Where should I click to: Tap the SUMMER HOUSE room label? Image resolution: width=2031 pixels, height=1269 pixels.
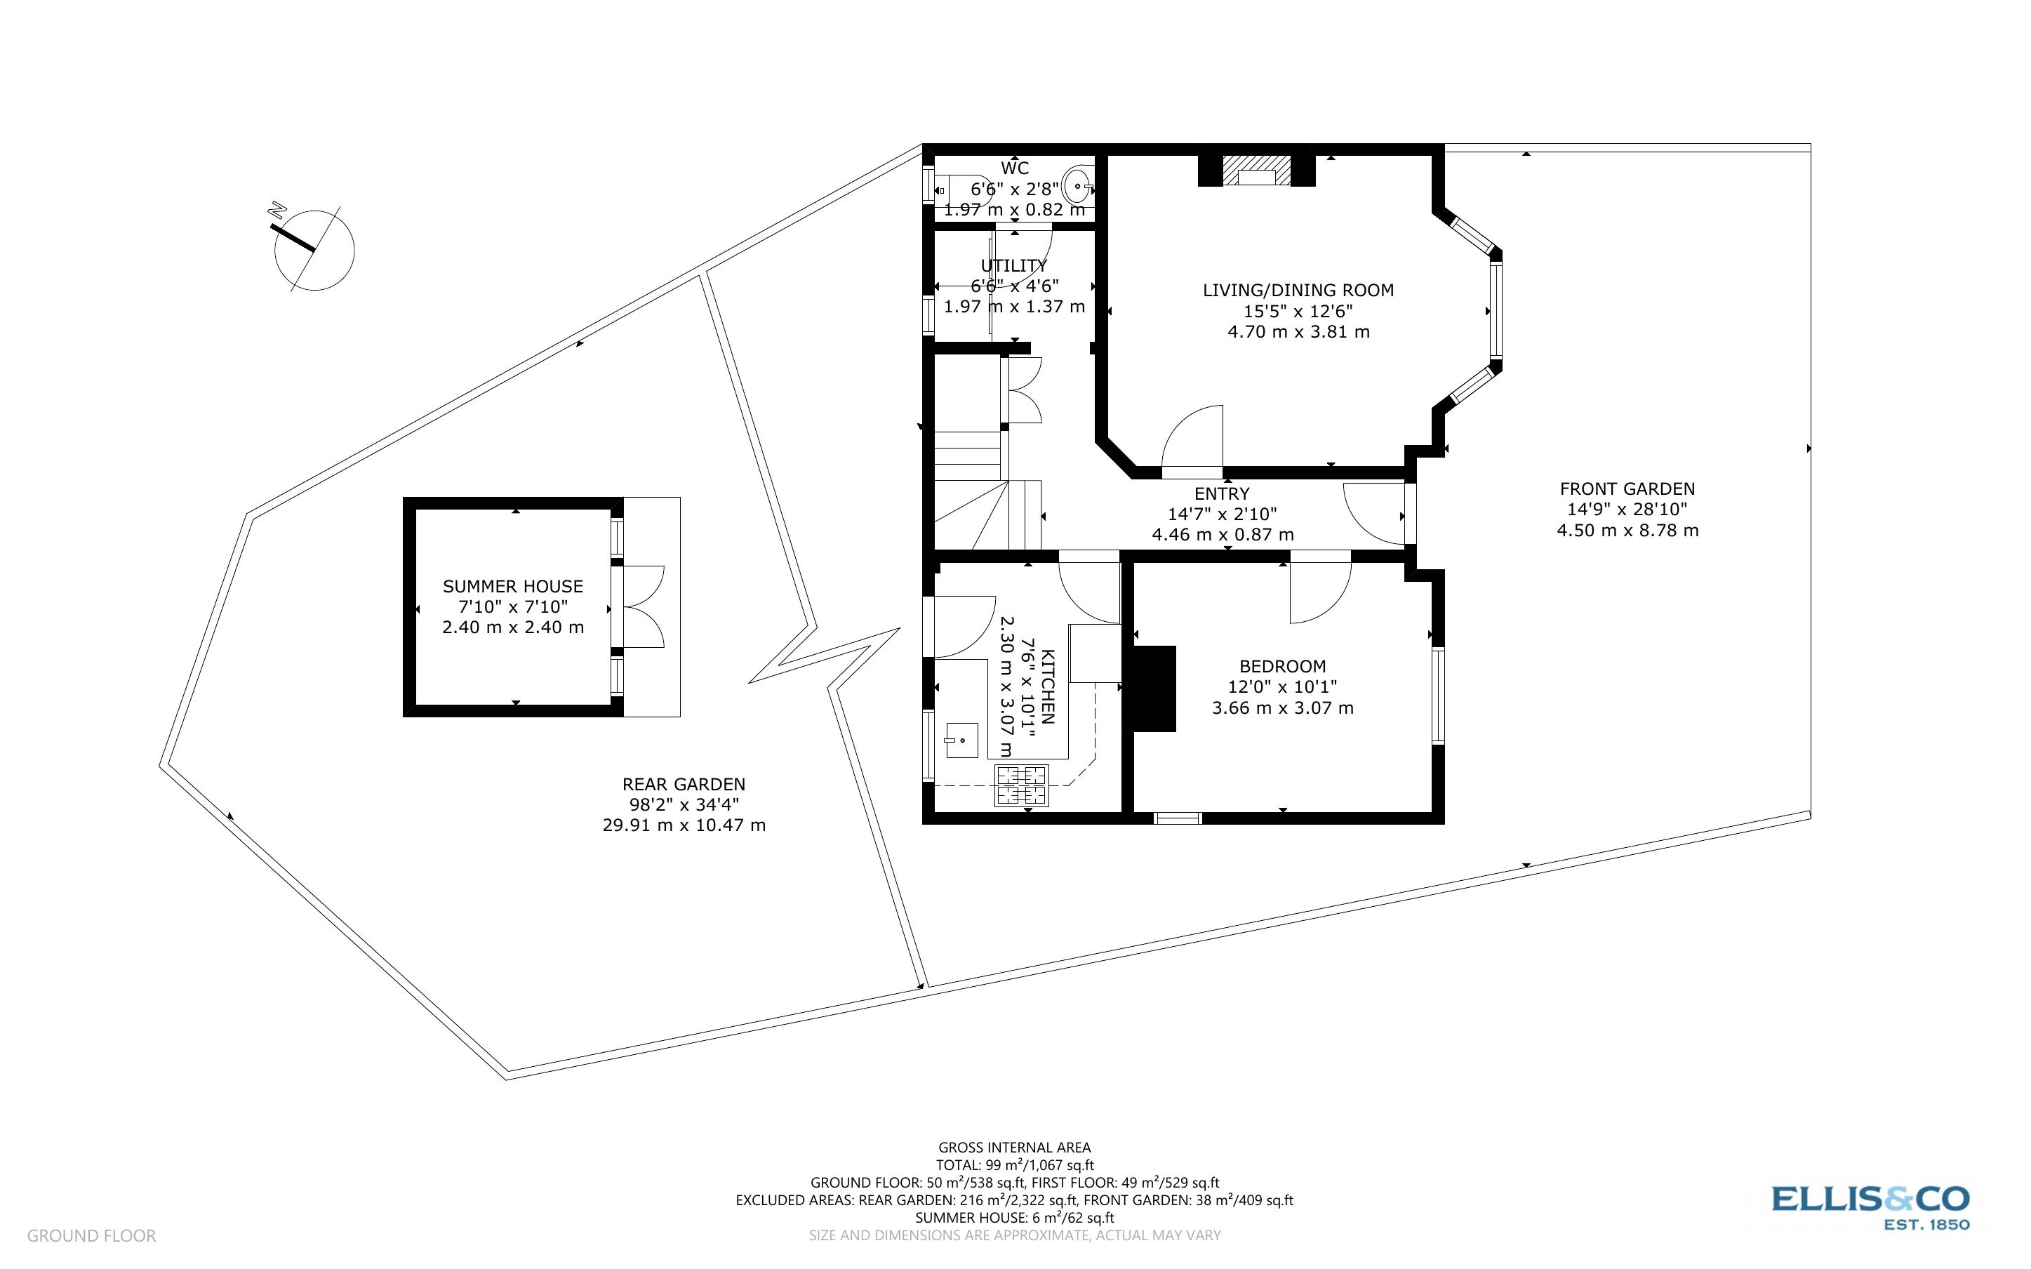512,587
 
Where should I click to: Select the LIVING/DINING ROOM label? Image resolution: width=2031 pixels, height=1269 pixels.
1298,291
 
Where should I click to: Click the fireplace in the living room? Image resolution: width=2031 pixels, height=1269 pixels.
1256,171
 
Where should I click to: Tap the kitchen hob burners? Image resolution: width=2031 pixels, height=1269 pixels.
1021,785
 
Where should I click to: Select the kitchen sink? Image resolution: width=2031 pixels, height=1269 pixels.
961,740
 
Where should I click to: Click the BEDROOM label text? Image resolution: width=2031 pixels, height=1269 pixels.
1282,666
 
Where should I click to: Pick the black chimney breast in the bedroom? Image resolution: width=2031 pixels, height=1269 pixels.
1154,689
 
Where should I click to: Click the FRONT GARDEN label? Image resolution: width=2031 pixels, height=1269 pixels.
1627,489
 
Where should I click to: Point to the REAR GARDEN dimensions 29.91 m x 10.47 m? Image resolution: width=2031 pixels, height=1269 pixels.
684,825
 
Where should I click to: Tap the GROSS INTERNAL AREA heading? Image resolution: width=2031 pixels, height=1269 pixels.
1014,1148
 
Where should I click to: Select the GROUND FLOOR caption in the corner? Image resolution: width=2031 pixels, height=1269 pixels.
91,1235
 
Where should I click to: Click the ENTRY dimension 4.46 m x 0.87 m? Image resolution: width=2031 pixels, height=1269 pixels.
1223,535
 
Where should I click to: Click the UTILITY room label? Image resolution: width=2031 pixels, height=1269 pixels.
1014,266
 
